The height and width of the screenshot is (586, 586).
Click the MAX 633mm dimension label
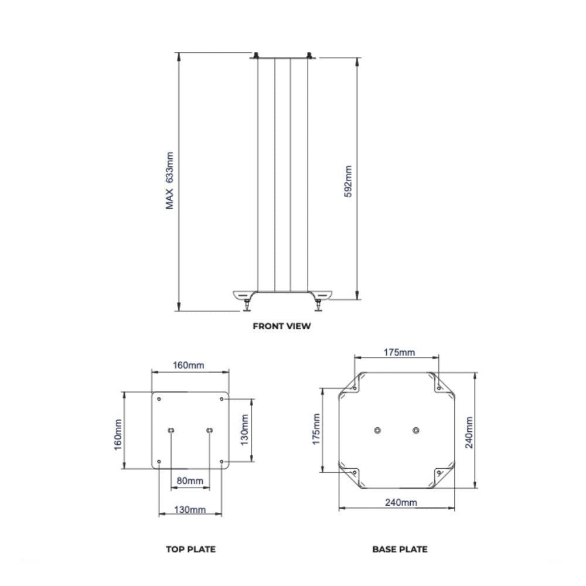point(170,180)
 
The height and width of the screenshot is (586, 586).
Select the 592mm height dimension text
point(348,182)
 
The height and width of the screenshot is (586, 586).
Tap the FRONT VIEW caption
point(282,326)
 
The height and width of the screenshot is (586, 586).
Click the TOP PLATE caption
point(190,549)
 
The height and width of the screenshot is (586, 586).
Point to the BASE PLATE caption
point(400,549)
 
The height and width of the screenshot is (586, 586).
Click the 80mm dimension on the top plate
point(190,481)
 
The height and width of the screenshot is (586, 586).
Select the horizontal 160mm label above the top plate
point(189,365)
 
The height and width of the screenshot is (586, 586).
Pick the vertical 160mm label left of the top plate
point(118,434)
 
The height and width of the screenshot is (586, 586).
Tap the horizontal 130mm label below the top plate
point(190,510)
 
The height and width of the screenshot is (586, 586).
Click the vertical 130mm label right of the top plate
point(245,428)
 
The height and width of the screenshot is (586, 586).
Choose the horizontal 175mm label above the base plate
point(399,352)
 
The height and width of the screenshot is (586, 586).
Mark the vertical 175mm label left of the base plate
point(316,429)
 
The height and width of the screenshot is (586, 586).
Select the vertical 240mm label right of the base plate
point(469,432)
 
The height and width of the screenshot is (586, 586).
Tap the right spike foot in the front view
point(318,304)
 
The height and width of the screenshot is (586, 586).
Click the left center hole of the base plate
point(377,430)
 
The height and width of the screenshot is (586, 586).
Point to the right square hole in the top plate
point(209,431)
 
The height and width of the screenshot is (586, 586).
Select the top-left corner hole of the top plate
point(159,399)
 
